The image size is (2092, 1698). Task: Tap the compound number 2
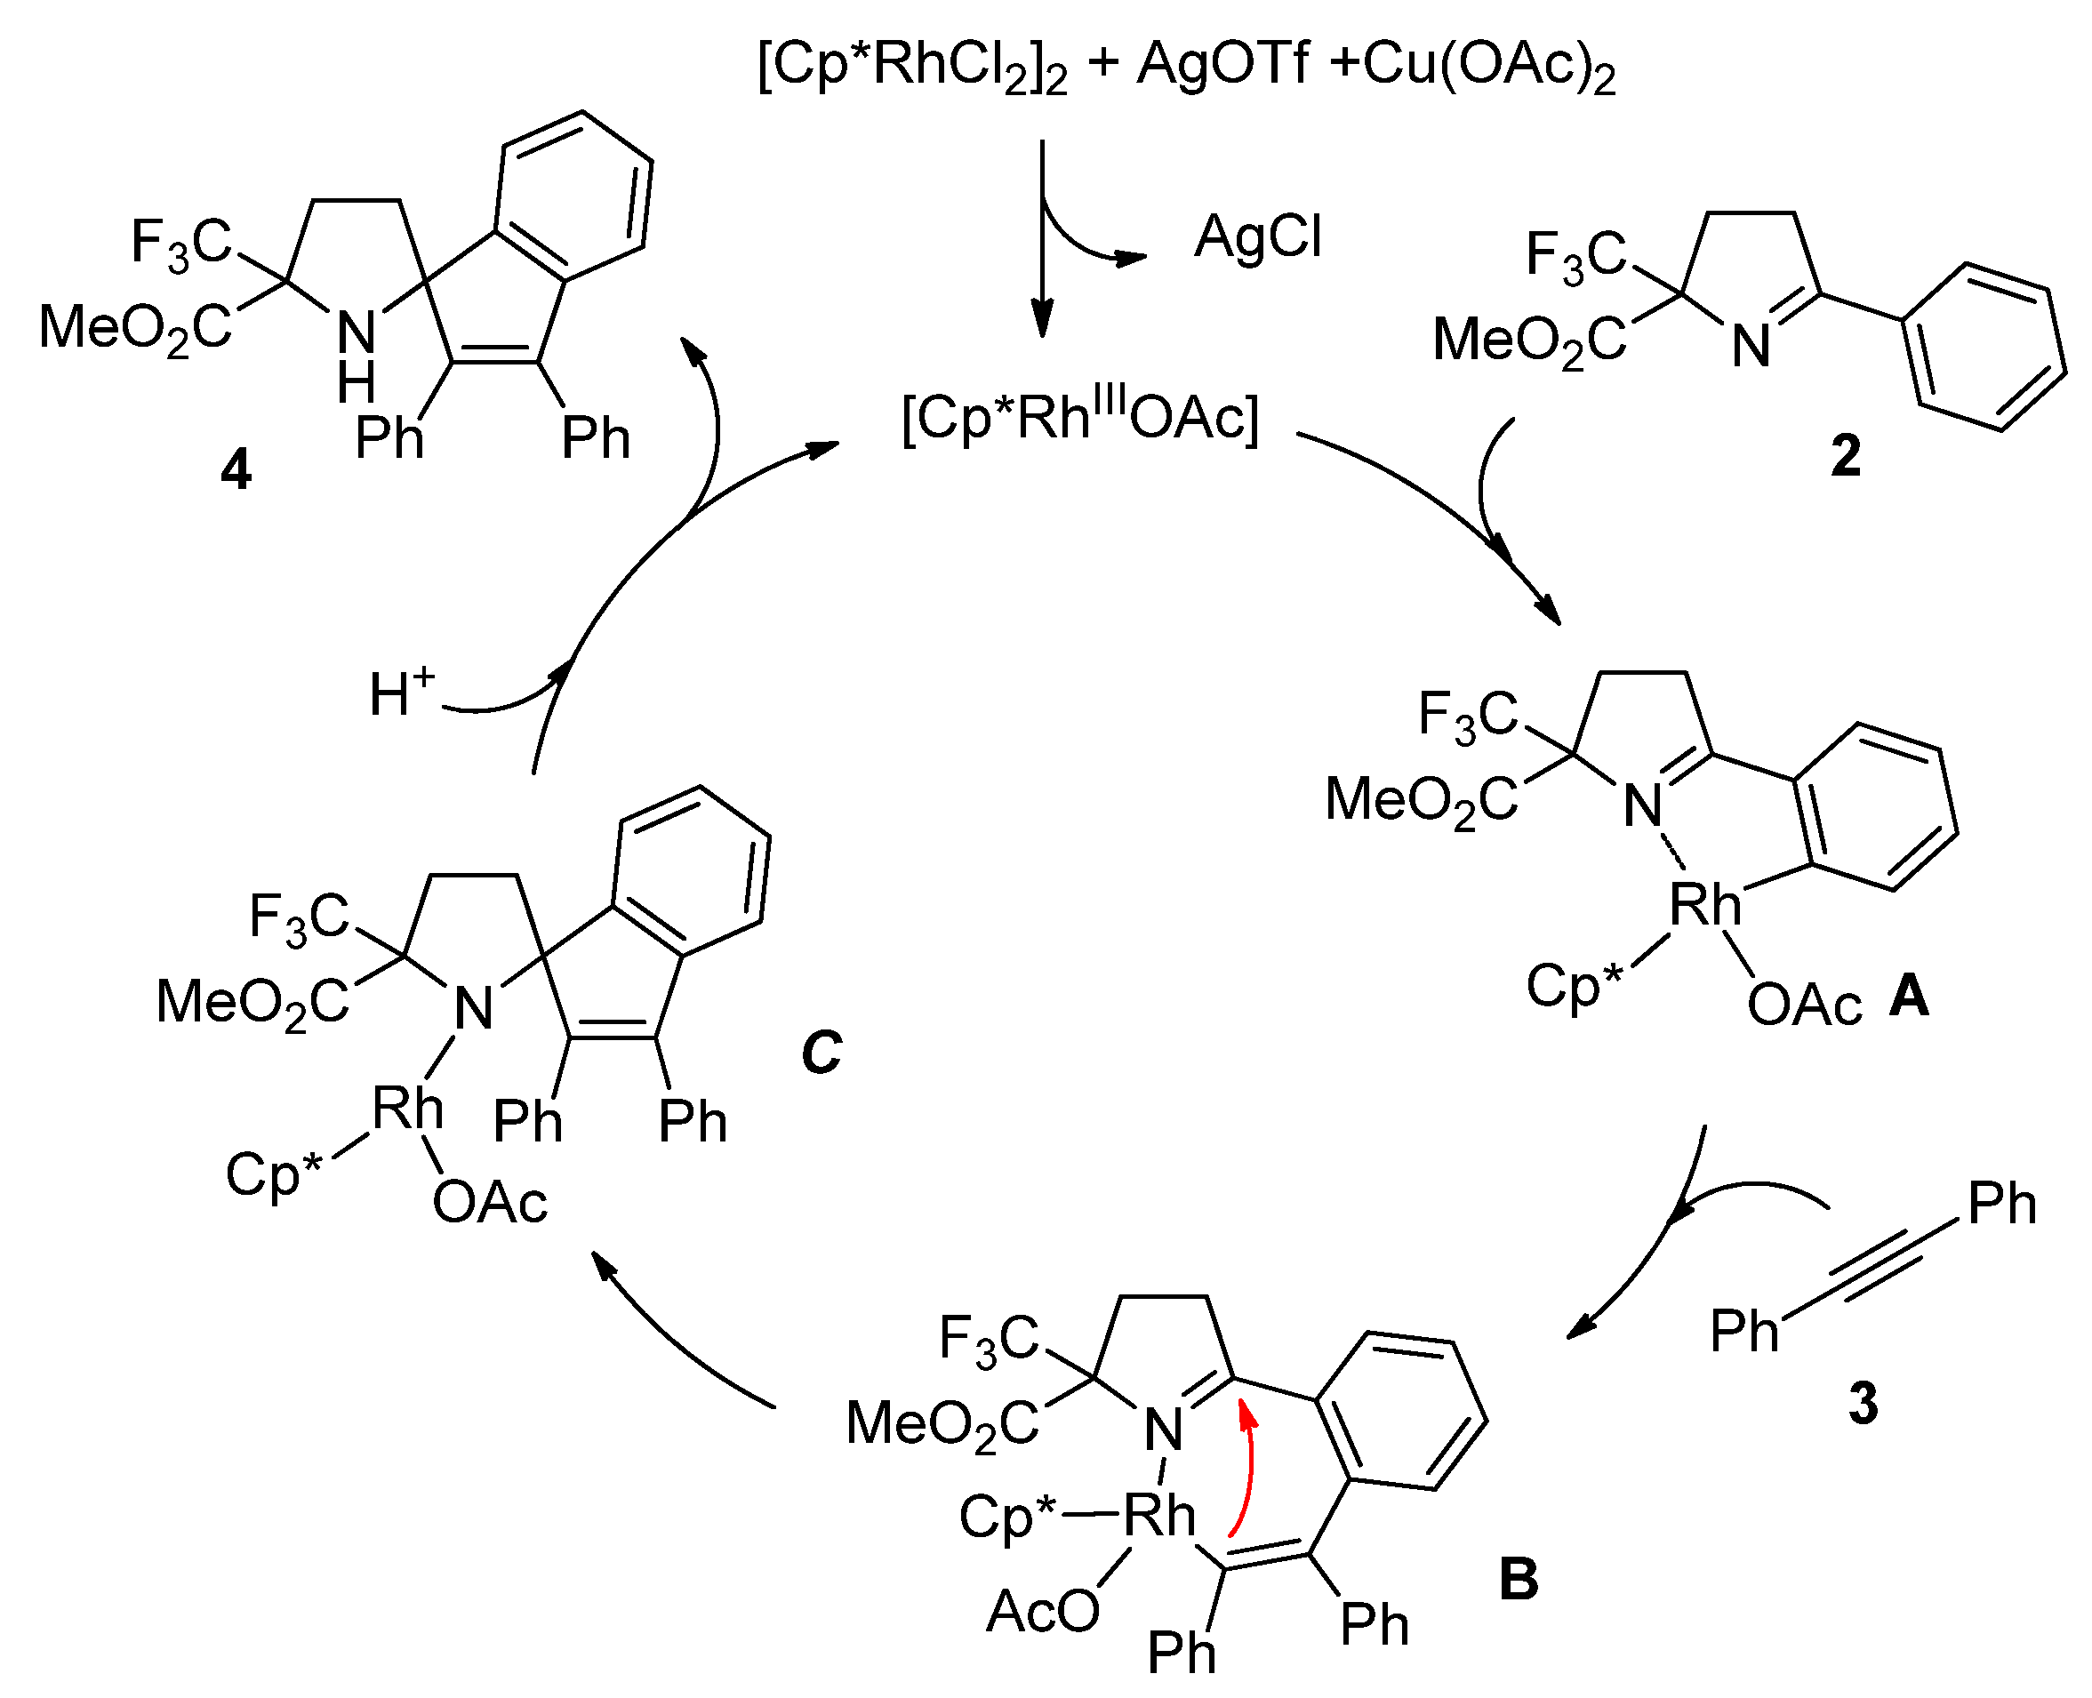point(1845,456)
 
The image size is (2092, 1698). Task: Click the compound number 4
point(236,470)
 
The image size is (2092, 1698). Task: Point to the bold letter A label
point(1908,997)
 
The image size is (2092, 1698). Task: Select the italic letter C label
point(820,1053)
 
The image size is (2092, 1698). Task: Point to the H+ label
point(401,692)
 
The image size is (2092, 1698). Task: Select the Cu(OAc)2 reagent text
point(1487,67)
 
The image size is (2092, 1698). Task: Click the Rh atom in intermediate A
point(1703,904)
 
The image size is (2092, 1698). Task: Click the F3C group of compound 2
point(1575,255)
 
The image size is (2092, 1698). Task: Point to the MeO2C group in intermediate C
point(252,1003)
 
